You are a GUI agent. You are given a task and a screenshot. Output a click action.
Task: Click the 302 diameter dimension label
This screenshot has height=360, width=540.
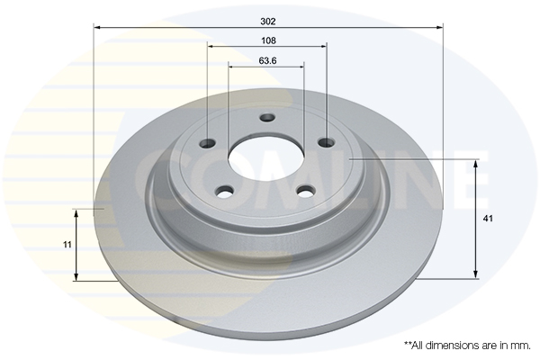pos(268,22)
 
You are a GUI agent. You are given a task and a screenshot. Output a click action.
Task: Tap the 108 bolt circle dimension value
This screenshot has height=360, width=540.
pos(268,40)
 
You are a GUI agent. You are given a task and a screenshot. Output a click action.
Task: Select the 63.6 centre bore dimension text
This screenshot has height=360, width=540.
pos(267,60)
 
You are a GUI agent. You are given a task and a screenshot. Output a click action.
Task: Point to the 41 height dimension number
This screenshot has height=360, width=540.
pos(488,219)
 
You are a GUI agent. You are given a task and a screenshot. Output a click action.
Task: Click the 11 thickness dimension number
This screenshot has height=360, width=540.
pos(67,245)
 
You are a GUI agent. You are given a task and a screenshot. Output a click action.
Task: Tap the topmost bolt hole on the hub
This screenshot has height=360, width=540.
pos(267,118)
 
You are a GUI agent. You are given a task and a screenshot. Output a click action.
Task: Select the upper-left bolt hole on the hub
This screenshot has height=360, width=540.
pos(208,142)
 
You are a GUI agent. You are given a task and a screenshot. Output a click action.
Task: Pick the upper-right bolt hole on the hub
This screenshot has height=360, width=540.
pos(326,141)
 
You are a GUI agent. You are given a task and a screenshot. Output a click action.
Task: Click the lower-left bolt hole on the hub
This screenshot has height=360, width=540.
pos(225,191)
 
